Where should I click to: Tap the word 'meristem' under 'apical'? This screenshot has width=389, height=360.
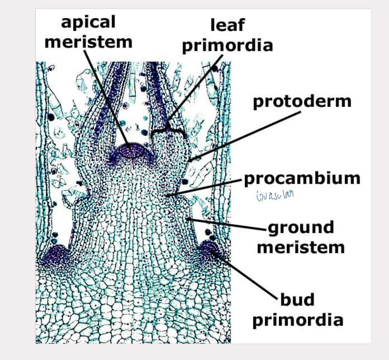tap(88, 42)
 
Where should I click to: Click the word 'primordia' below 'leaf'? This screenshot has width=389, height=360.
tap(227, 46)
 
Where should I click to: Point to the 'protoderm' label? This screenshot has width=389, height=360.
tap(302, 101)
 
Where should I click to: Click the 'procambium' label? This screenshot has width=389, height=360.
tap(302, 179)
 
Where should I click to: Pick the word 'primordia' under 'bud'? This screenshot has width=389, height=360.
tap(298, 320)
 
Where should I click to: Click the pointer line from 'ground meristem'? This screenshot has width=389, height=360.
tap(227, 225)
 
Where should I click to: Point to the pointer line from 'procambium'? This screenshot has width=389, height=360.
tap(205, 188)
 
